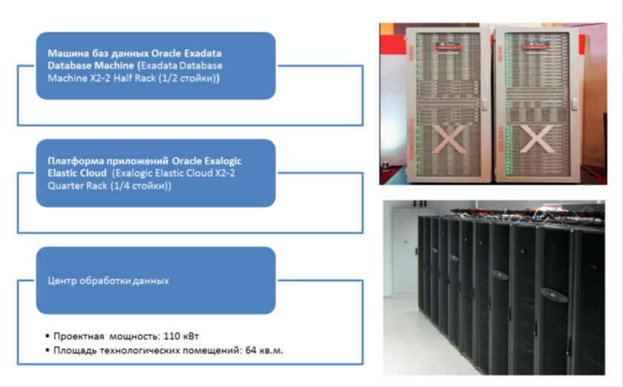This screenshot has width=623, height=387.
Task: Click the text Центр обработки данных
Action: pyautogui.click(x=108, y=281)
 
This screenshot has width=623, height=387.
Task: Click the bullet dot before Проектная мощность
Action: pyautogui.click(x=47, y=335)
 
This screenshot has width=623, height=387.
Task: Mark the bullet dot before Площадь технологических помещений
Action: pyautogui.click(x=47, y=350)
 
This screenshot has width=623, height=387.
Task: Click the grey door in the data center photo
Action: pyautogui.click(x=404, y=248)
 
